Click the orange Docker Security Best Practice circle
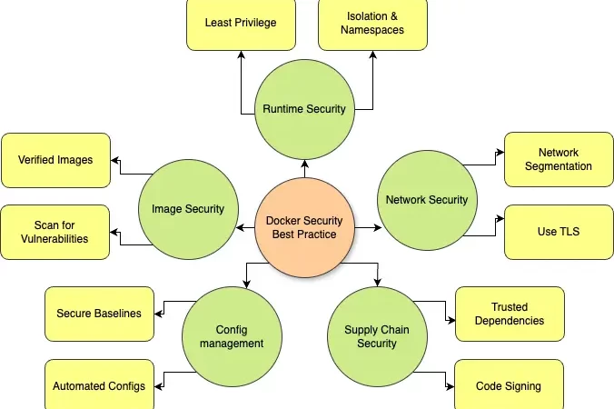(303, 227)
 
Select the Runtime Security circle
(303, 109)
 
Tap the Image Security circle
(187, 209)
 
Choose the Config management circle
(233, 336)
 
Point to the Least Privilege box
(241, 23)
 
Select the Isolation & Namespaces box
(374, 23)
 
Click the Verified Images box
(55, 160)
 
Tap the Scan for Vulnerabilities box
(55, 232)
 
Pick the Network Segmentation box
(559, 160)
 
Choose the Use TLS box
(559, 232)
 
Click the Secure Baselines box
(99, 314)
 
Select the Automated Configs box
(99, 385)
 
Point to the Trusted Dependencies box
(510, 314)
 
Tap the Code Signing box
(510, 385)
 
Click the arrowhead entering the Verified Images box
(115, 160)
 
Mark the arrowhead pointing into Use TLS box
(499, 218)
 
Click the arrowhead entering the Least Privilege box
(241, 55)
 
